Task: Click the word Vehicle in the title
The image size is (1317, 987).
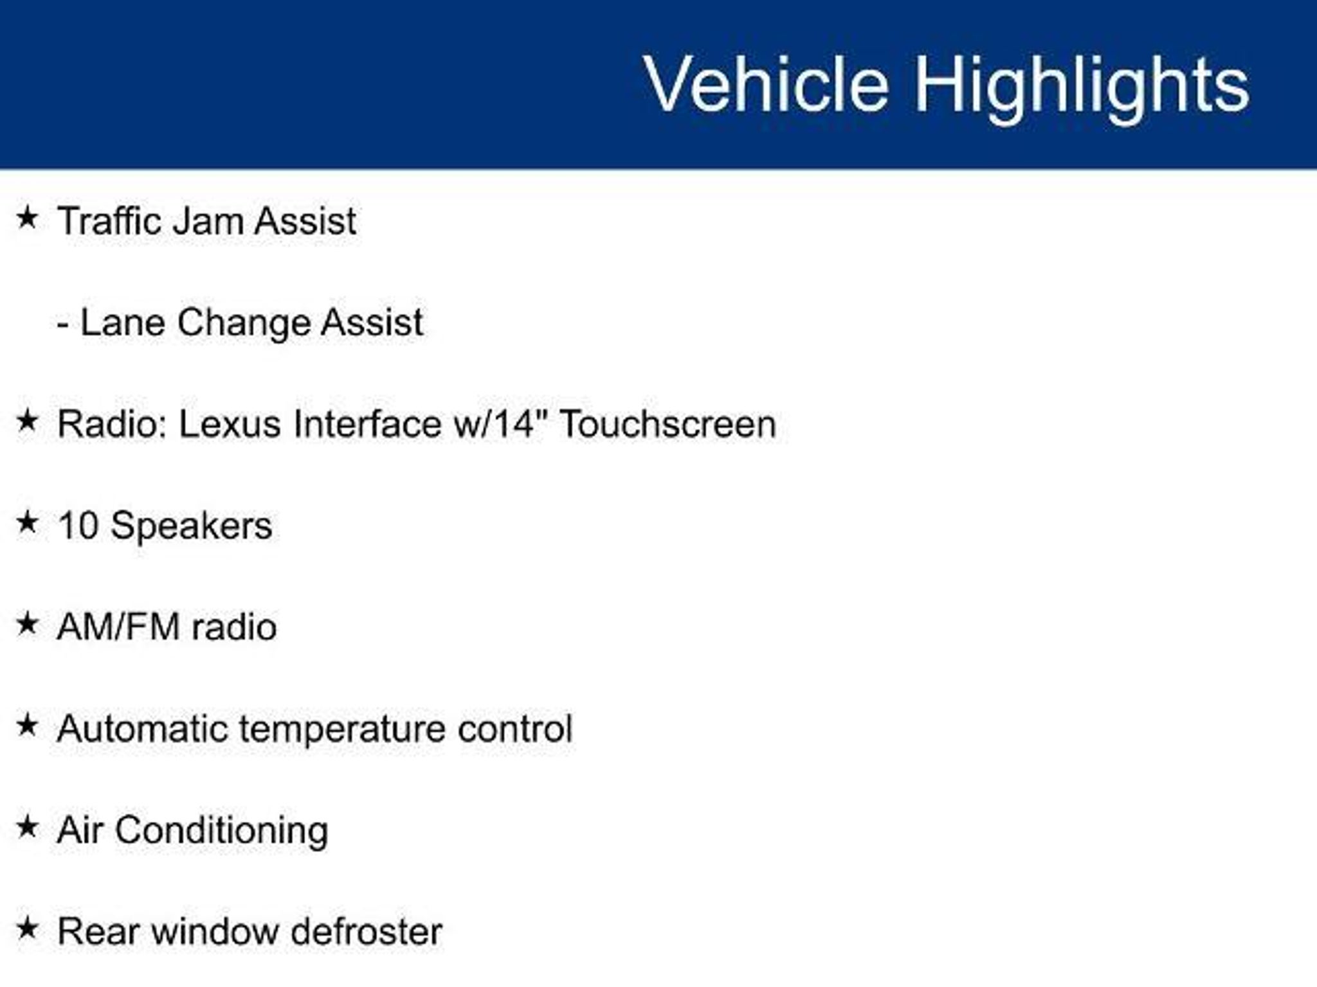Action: pyautogui.click(x=767, y=84)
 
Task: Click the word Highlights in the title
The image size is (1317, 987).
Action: pyautogui.click(x=1082, y=87)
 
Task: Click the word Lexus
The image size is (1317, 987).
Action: pyautogui.click(x=230, y=424)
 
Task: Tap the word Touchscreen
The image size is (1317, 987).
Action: pyautogui.click(x=668, y=424)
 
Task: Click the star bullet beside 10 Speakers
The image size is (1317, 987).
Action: pyautogui.click(x=27, y=522)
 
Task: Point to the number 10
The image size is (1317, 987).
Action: pyautogui.click(x=77, y=526)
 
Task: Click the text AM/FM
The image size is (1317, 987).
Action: pyautogui.click(x=118, y=627)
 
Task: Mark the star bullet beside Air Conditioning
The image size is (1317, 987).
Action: pyautogui.click(x=27, y=826)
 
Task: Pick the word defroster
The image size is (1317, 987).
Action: pyautogui.click(x=367, y=932)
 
